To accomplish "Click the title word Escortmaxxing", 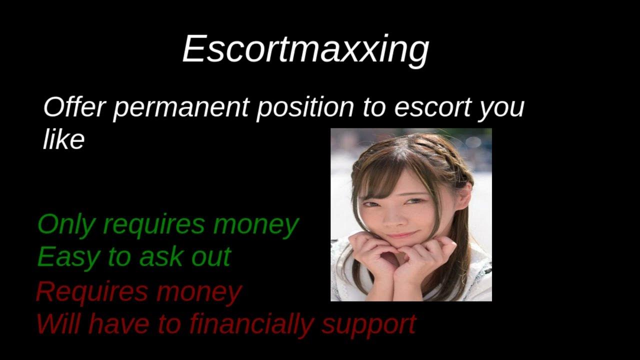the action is pos(305,49).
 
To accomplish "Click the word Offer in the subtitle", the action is pos(74,107).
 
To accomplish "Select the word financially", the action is pos(250,325).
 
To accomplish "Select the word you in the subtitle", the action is pos(501,110).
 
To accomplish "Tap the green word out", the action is pos(211,257).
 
